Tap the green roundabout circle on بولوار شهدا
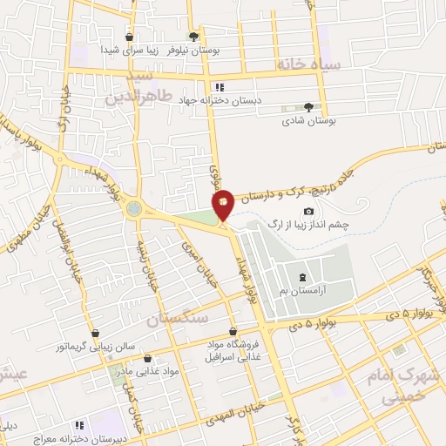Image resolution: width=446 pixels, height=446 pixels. pyautogui.click(x=134, y=209)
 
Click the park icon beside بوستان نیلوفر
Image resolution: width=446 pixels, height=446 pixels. pyautogui.click(x=193, y=37)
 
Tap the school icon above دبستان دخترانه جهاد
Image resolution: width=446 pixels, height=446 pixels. pyautogui.click(x=220, y=87)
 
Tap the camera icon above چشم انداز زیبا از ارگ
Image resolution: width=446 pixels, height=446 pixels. pyautogui.click(x=308, y=212)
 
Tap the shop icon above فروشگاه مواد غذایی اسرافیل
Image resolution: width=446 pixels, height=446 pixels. pyautogui.click(x=233, y=332)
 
